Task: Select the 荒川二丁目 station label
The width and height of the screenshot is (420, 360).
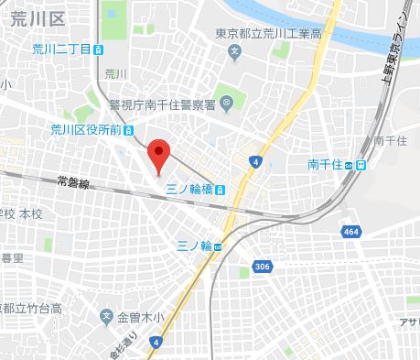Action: (x=59, y=49)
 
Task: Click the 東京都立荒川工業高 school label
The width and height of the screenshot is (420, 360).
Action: (x=267, y=34)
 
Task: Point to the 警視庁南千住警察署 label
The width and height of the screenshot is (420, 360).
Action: (x=166, y=104)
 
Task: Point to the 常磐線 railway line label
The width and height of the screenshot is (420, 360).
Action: (x=71, y=181)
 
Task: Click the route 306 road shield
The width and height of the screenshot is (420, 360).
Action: (x=263, y=267)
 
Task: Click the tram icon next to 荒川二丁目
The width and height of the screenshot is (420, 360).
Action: (x=98, y=50)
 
